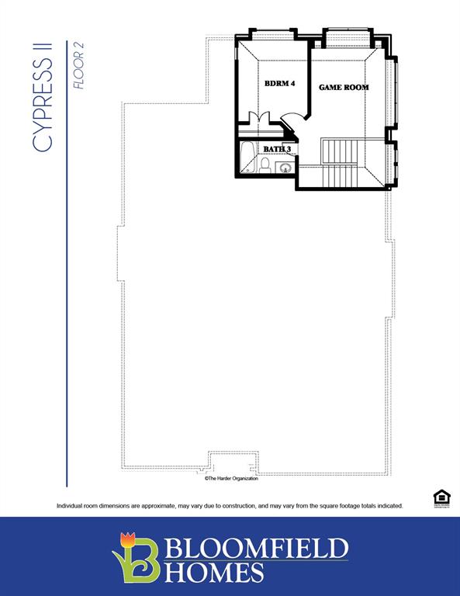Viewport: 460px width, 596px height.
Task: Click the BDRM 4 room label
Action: point(279,84)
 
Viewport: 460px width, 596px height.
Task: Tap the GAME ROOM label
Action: point(344,88)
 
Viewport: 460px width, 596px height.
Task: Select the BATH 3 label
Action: point(277,149)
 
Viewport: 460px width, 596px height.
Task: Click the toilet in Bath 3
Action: point(265,165)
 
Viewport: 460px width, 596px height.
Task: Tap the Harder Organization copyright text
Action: point(231,479)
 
